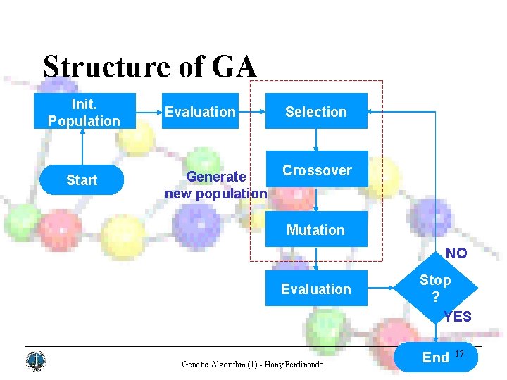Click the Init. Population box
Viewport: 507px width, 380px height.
coord(84,111)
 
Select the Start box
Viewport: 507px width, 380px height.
coord(82,180)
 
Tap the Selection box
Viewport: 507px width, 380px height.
coord(316,111)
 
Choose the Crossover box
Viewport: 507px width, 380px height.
coord(317,170)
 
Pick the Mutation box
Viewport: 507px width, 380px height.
coord(316,229)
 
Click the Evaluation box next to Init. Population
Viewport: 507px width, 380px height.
coord(201,111)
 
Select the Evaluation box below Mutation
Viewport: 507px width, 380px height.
coord(316,289)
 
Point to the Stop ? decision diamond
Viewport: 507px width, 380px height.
coord(435,288)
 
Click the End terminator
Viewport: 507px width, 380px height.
coord(435,357)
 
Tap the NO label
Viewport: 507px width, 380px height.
coord(456,253)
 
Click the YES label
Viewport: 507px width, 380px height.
coord(458,317)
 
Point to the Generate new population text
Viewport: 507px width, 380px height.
coord(215,185)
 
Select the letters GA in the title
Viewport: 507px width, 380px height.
coord(233,67)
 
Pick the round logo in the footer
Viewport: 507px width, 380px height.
coord(35,361)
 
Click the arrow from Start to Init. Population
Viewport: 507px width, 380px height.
coord(84,148)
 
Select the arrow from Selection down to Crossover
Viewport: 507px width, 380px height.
coord(316,139)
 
